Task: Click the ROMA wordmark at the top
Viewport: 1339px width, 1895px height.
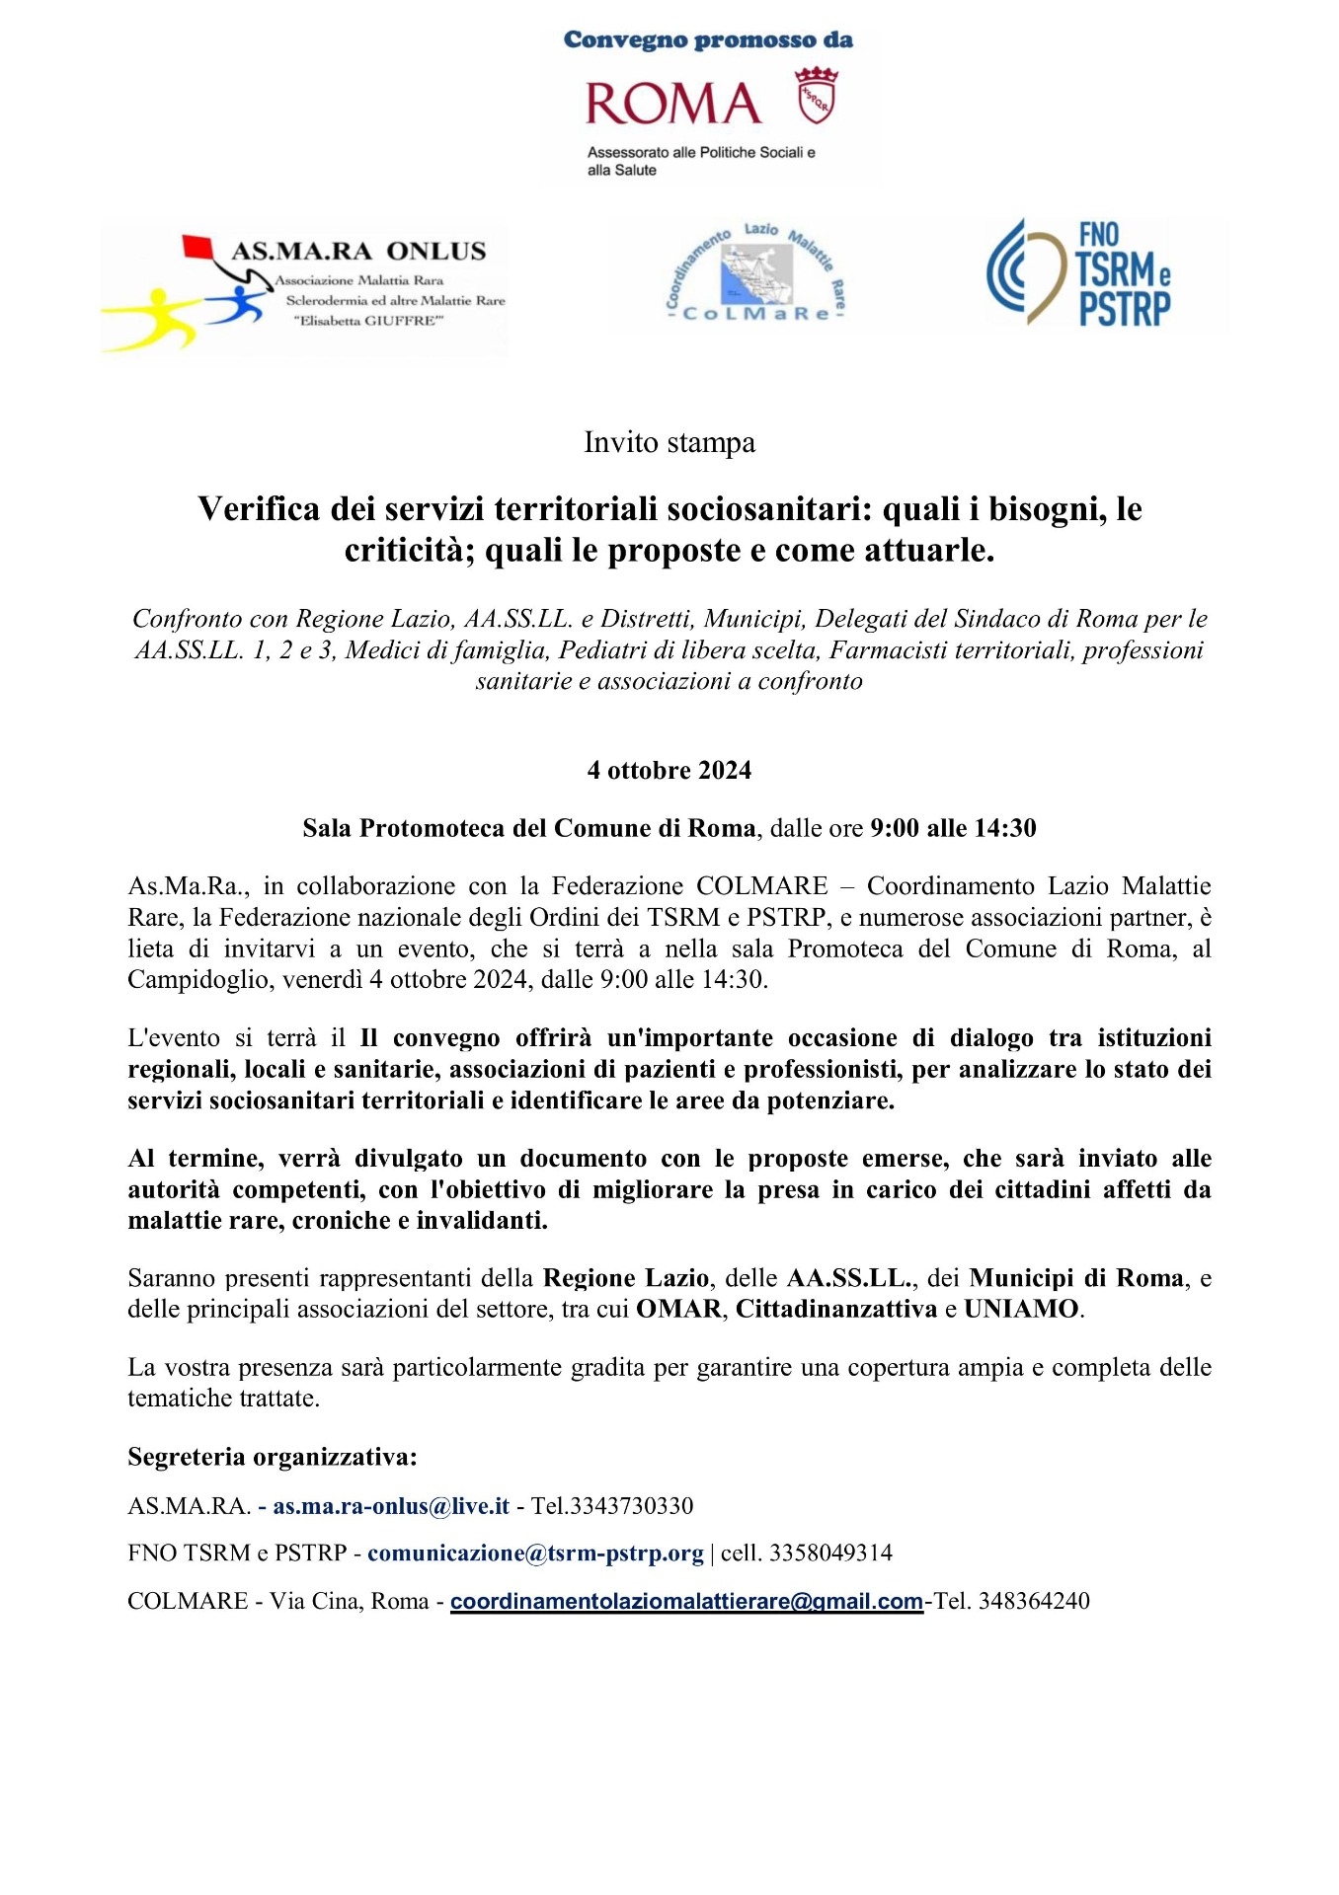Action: click(x=672, y=104)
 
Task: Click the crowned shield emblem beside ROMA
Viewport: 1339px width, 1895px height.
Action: click(x=817, y=96)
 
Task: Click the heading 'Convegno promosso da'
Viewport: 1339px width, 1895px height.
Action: click(x=708, y=40)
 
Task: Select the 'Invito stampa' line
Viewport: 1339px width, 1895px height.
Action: click(x=669, y=442)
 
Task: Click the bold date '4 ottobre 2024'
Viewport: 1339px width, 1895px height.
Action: click(x=669, y=770)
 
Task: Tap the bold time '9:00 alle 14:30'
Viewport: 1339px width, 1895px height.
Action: click(x=953, y=828)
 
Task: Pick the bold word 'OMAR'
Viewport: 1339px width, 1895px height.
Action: click(x=678, y=1309)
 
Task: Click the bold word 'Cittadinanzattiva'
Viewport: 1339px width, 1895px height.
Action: click(x=835, y=1309)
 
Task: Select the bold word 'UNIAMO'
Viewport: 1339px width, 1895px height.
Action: click(x=1021, y=1309)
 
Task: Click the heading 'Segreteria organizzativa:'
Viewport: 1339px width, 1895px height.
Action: click(x=273, y=1457)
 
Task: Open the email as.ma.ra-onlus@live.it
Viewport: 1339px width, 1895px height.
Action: click(x=391, y=1506)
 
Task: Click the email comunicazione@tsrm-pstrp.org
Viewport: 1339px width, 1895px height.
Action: click(x=535, y=1554)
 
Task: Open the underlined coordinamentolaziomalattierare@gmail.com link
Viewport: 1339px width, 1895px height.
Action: click(x=686, y=1601)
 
